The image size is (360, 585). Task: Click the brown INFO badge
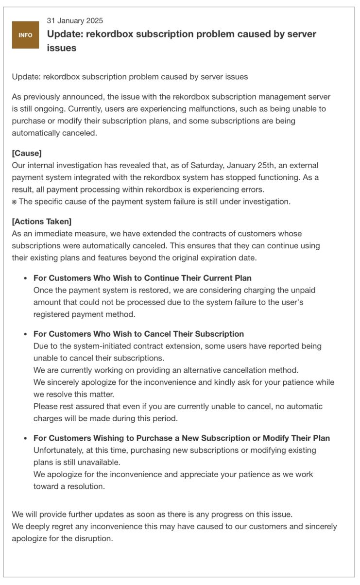25,35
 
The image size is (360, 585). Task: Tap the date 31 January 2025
75,20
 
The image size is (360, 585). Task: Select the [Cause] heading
27,153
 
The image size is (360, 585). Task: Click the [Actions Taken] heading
42,221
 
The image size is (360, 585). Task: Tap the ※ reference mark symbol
15,202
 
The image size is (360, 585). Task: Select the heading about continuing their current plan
142,278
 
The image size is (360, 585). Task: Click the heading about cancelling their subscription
138,334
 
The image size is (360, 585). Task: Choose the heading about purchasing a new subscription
181,438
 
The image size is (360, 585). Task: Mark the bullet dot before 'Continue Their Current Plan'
25,278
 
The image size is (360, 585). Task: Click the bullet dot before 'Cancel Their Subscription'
25,334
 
